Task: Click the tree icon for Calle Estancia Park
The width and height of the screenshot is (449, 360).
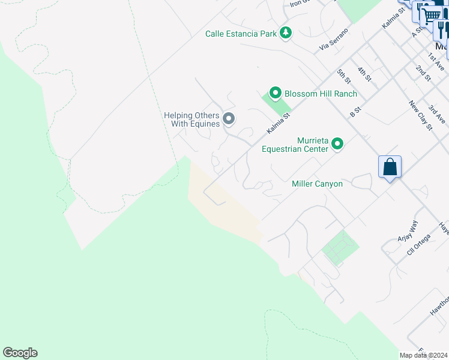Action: point(286,33)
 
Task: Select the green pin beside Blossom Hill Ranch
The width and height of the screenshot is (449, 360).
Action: point(276,93)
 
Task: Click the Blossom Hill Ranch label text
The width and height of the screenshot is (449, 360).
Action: point(321,94)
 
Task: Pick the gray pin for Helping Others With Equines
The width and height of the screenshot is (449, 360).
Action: point(229,119)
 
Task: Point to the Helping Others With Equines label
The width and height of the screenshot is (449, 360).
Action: point(192,119)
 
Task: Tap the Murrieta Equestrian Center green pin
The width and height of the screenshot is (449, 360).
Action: point(337,143)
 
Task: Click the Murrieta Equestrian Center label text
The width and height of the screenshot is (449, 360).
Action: point(295,144)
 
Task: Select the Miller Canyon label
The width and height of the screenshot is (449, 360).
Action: point(317,184)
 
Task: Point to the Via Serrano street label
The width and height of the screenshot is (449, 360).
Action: point(334,39)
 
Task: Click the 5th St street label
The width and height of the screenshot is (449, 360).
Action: point(343,76)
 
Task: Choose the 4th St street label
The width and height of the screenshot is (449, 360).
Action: point(364,74)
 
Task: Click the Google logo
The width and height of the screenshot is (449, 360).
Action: point(20,353)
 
